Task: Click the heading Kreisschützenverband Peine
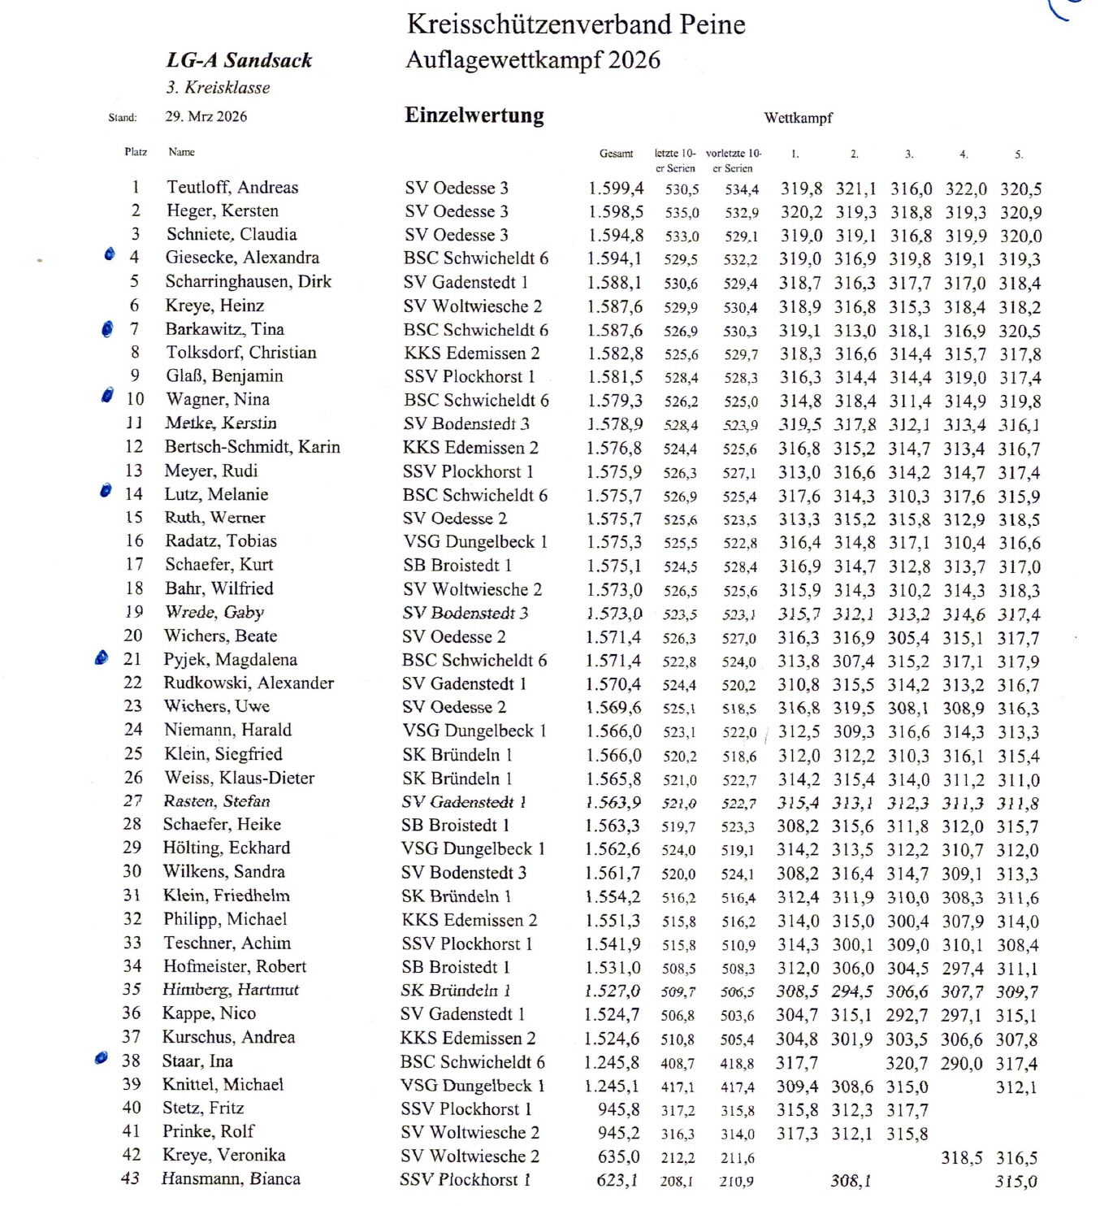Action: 576,24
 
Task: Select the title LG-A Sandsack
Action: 240,60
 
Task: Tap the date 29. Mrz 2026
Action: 206,116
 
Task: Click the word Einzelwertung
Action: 474,115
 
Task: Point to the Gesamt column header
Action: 617,154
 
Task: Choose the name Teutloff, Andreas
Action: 232,187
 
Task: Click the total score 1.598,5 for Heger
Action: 616,211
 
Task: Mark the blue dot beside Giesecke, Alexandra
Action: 110,254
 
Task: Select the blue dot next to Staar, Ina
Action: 102,1058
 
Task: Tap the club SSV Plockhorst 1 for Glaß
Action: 470,376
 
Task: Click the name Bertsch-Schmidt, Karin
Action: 253,447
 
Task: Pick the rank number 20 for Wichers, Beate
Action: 133,636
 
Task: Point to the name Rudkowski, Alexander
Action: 249,683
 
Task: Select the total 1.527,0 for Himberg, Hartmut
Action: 613,991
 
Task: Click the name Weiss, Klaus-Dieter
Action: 239,778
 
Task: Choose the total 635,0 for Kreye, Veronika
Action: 619,1156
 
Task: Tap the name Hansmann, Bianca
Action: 231,1178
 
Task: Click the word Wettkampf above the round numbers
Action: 799,119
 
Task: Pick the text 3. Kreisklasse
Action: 218,88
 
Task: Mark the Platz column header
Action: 136,152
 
